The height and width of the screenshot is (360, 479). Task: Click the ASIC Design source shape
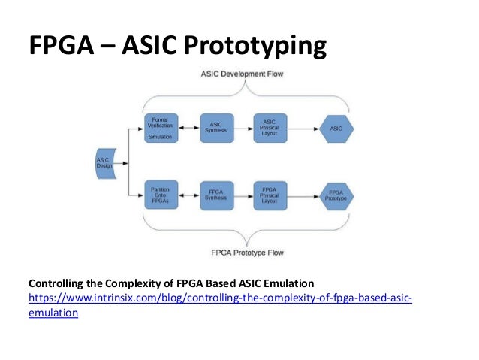click(104, 163)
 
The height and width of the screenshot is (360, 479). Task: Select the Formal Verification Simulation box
click(159, 129)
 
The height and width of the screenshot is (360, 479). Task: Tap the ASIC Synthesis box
click(215, 129)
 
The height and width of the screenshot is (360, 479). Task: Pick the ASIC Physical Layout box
click(270, 129)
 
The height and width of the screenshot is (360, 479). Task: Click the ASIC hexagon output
click(336, 129)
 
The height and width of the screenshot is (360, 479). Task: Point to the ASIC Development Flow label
click(242, 74)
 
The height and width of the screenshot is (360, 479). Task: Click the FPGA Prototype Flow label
click(242, 252)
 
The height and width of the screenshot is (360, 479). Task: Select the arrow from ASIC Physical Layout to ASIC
click(302, 129)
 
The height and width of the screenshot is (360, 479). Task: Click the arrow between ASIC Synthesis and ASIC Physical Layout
click(243, 129)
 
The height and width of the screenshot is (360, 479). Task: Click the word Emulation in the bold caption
click(285, 283)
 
